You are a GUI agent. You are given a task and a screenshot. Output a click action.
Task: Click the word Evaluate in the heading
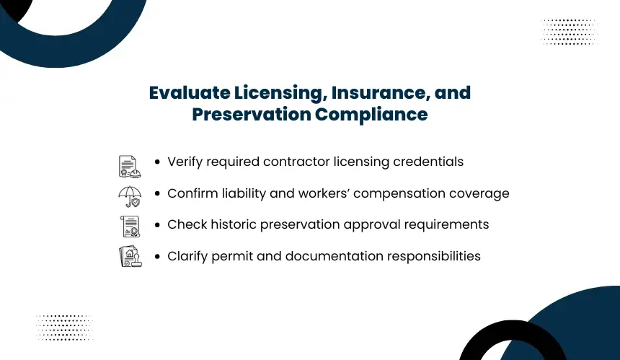pyautogui.click(x=190, y=93)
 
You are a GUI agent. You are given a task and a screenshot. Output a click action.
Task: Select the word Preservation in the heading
pyautogui.click(x=252, y=114)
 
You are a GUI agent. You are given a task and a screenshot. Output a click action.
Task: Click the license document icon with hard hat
pyautogui.click(x=130, y=166)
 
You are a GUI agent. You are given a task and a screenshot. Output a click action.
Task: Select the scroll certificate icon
pyautogui.click(x=130, y=227)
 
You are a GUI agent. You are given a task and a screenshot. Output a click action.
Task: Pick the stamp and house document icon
pyautogui.click(x=130, y=256)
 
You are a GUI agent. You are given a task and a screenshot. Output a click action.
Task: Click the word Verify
pyautogui.click(x=185, y=162)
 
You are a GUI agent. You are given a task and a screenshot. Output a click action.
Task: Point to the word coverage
pyautogui.click(x=479, y=194)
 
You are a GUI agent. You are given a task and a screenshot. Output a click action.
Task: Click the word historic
pyautogui.click(x=234, y=224)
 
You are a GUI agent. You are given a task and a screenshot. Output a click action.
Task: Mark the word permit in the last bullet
pyautogui.click(x=232, y=257)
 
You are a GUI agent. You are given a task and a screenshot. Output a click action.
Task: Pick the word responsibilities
pyautogui.click(x=434, y=256)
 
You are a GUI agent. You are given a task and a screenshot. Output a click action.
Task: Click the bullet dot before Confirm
pyautogui.click(x=158, y=193)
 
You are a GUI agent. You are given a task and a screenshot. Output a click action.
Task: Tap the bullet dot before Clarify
pyautogui.click(x=158, y=256)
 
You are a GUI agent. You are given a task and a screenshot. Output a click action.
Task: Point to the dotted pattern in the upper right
pyautogui.click(x=569, y=31)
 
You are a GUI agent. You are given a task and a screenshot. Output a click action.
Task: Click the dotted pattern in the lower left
pyautogui.click(x=64, y=328)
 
